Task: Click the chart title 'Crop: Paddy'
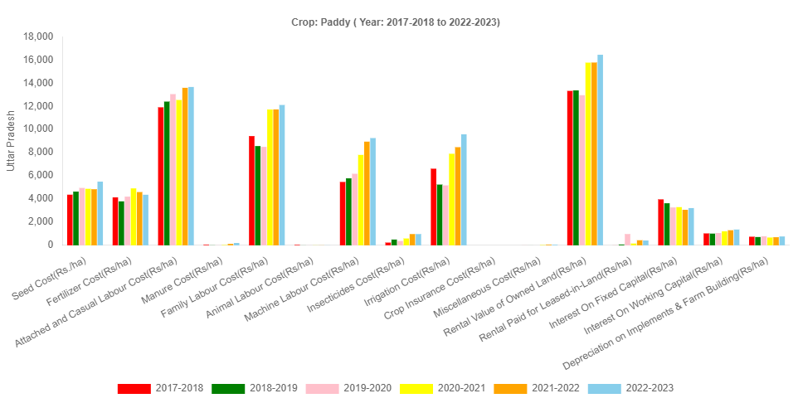click(x=396, y=22)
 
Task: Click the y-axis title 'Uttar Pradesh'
click(x=11, y=140)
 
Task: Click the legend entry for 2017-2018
click(x=160, y=388)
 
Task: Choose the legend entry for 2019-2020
click(x=348, y=388)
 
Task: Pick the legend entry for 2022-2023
click(x=630, y=388)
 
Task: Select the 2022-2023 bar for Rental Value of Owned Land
click(x=600, y=149)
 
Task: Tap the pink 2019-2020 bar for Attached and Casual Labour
click(x=173, y=169)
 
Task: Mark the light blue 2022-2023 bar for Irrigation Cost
click(x=464, y=189)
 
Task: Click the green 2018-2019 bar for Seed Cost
click(x=75, y=218)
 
